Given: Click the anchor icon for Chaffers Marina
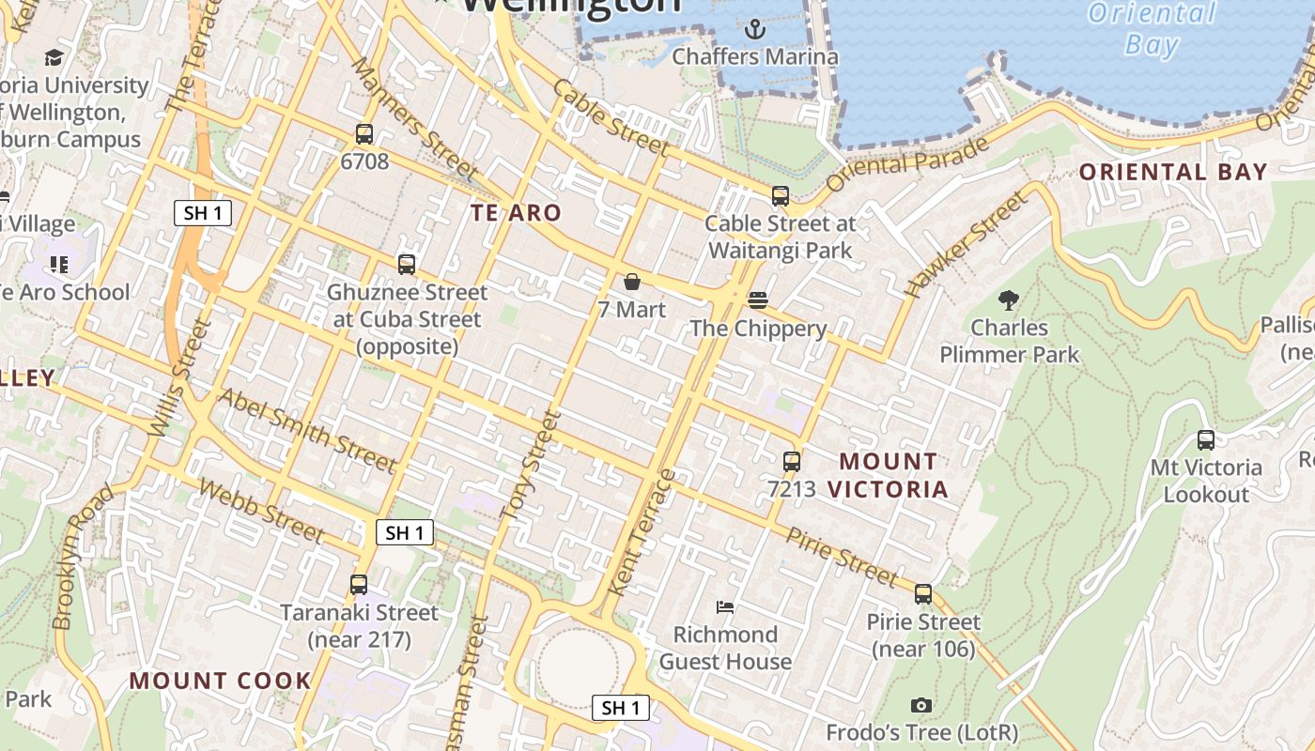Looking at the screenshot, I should [754, 29].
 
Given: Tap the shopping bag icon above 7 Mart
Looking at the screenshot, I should [632, 282].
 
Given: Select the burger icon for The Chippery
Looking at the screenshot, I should [758, 300].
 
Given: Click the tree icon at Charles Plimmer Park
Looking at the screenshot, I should [1009, 300].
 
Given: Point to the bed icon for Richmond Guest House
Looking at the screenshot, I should [724, 607].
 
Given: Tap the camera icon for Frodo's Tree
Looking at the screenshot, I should [921, 705].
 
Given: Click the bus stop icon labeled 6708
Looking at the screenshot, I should [364, 134].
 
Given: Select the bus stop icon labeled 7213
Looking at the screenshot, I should [792, 462].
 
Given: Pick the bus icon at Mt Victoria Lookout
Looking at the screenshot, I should [1206, 439].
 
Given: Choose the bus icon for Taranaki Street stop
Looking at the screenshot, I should [359, 585].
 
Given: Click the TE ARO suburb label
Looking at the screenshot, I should [516, 213].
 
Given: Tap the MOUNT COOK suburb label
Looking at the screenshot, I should [220, 681].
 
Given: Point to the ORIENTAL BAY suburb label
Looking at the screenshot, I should [1173, 173].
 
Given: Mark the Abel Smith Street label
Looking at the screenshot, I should [307, 431].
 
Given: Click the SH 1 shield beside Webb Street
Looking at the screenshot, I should [405, 533].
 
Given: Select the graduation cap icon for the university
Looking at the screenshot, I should [54, 58].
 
